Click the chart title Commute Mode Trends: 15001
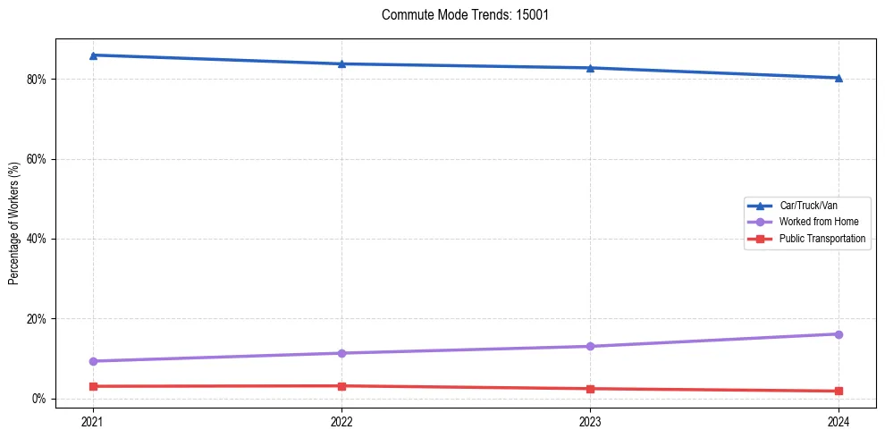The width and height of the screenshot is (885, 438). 459,15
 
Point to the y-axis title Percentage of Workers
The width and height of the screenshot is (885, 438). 14,223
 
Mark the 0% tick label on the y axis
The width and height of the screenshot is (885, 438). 38,399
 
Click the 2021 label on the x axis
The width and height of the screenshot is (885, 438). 93,420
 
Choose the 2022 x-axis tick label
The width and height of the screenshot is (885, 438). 341,420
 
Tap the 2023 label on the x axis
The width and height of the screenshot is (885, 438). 590,420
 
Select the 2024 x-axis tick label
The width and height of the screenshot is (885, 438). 839,420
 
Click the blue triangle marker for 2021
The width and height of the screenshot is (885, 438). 93,55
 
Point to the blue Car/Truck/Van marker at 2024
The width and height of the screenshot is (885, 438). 839,78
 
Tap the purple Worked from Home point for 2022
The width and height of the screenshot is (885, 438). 341,353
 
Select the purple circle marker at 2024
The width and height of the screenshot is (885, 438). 839,334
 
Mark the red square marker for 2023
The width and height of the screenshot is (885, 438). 590,389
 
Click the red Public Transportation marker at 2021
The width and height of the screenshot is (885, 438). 93,386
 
